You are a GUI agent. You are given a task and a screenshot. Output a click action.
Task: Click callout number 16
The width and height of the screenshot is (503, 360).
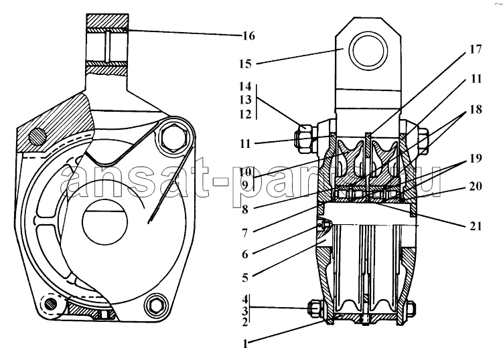tap(248, 35)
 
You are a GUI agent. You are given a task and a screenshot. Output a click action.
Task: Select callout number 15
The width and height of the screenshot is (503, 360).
tap(245, 64)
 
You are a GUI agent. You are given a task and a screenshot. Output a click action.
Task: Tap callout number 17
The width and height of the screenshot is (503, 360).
tap(476, 50)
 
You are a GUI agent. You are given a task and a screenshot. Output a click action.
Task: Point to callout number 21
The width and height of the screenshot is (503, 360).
tap(476, 226)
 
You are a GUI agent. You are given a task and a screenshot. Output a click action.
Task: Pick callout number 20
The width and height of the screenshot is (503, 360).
tap(476, 186)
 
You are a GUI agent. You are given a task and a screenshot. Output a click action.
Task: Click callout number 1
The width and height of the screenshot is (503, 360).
tap(245, 344)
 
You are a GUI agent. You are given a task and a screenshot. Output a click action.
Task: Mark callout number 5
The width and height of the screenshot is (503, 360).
tap(245, 278)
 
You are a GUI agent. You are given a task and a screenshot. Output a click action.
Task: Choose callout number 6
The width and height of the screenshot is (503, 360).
tap(245, 254)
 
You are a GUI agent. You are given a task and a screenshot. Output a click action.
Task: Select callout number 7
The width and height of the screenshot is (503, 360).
tap(245, 233)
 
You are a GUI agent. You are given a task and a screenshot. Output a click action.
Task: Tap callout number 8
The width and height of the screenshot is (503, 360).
tap(245, 209)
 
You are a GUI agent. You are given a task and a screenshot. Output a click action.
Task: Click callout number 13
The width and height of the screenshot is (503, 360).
tap(245, 100)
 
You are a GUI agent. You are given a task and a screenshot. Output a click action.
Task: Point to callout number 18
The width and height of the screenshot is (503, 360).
tap(476, 109)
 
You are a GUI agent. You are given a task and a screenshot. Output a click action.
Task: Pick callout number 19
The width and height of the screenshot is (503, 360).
tap(476, 158)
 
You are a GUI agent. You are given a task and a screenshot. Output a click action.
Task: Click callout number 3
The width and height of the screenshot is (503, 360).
tap(245, 310)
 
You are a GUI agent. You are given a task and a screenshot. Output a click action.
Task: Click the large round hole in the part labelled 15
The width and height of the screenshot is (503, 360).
tap(368, 50)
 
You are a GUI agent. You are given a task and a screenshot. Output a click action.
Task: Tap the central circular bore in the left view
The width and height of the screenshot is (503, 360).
tap(105, 222)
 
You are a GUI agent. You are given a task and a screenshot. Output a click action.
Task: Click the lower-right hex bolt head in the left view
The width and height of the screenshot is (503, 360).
tap(156, 306)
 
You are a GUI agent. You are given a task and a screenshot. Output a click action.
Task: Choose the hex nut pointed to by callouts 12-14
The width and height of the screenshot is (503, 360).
tap(303, 139)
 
